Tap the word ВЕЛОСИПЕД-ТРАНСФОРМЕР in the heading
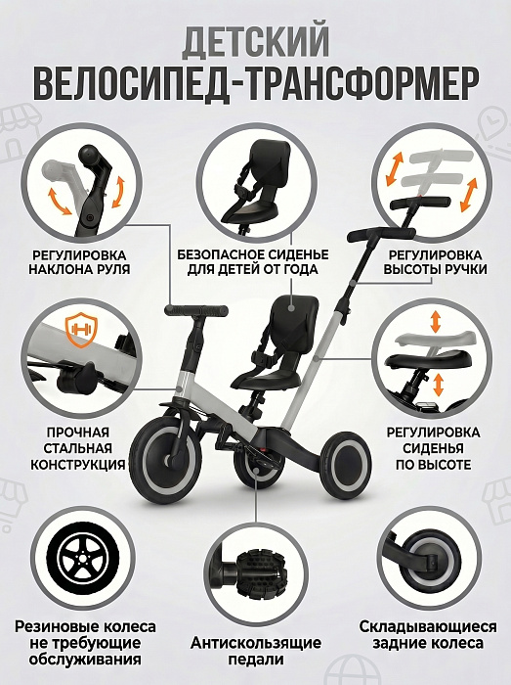click(256, 83)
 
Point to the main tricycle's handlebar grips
click(196, 310)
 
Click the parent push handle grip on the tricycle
click(380, 234)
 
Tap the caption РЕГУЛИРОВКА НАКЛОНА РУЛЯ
click(80, 262)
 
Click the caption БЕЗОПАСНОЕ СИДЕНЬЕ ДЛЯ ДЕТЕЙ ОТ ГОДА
click(253, 262)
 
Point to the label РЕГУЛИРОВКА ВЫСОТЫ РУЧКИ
click(435, 262)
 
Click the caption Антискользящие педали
click(256, 651)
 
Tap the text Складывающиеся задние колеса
click(428, 635)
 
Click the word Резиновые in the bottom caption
click(57, 627)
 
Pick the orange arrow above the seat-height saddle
click(435, 321)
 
